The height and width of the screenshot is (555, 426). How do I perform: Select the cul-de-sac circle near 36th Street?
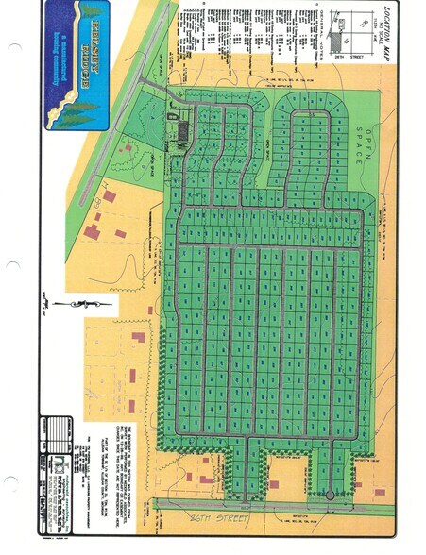(x=330, y=495)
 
